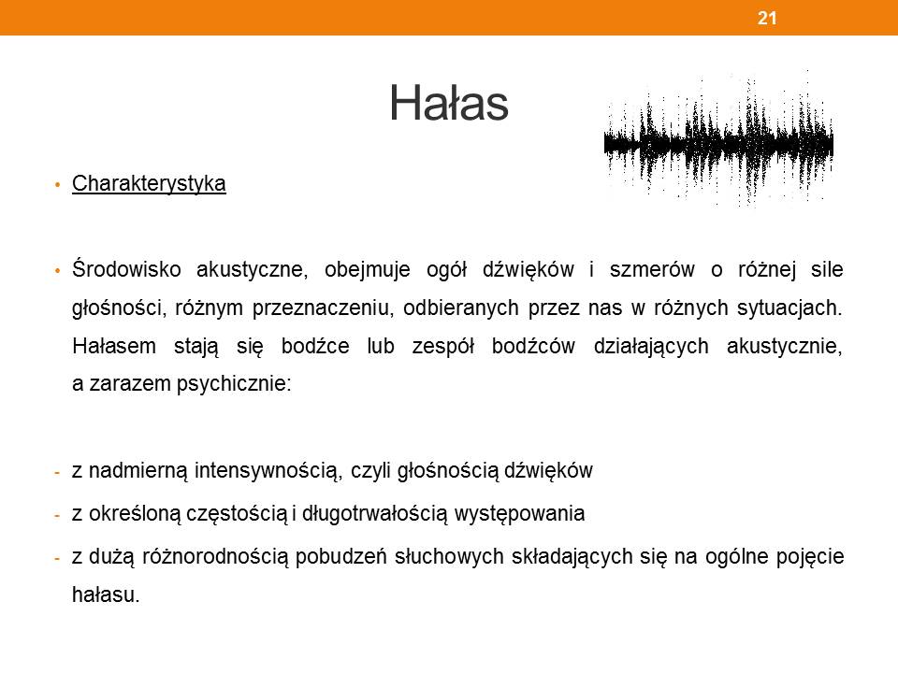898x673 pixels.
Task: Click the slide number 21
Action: click(767, 18)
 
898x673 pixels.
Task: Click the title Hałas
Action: click(449, 104)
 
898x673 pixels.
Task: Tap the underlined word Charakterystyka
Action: click(149, 184)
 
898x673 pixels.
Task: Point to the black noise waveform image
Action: click(718, 139)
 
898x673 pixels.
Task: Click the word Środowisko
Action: click(126, 269)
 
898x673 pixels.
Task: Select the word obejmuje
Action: click(367, 270)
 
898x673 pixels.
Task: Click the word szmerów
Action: click(652, 269)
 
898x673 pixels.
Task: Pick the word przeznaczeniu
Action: click(323, 308)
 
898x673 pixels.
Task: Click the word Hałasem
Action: click(114, 346)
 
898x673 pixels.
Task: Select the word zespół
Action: click(443, 347)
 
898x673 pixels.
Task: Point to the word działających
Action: click(651, 347)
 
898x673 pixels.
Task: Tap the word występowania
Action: click(519, 514)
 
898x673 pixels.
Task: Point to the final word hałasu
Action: click(106, 594)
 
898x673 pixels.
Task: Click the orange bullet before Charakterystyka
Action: click(57, 185)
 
